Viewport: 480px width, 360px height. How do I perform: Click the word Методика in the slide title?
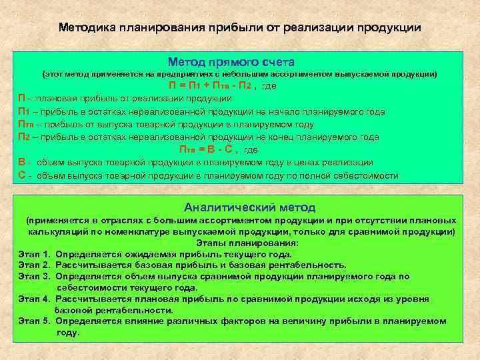click(x=87, y=28)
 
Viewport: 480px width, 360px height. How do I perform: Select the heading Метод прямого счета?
click(x=231, y=61)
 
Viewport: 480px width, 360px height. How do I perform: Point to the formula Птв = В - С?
click(x=209, y=149)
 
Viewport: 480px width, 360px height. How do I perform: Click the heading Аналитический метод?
click(x=250, y=207)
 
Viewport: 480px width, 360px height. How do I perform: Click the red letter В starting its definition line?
click(x=22, y=163)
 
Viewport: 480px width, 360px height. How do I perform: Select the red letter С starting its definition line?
click(x=22, y=176)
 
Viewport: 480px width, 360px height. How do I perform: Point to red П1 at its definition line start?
click(x=23, y=111)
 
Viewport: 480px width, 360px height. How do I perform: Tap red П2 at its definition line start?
click(x=23, y=137)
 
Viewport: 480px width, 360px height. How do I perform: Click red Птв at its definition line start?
click(x=25, y=124)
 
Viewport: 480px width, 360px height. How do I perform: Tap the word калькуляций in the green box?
click(x=56, y=231)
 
